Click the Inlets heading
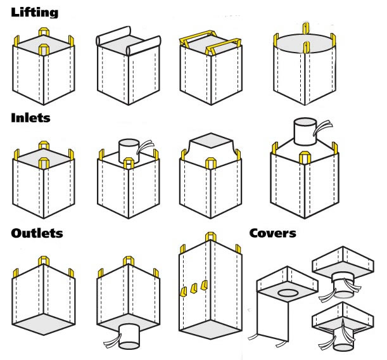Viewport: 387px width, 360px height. tap(30, 117)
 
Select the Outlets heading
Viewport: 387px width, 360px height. tap(37, 233)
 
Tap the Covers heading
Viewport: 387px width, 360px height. tap(272, 233)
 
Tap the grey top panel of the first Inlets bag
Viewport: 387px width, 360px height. tap(44, 158)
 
